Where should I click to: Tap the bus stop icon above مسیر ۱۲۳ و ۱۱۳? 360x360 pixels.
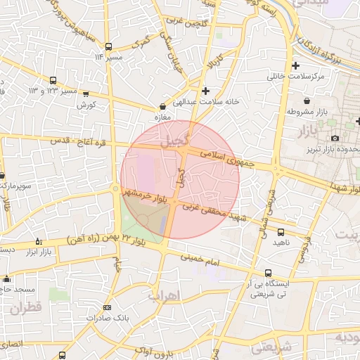(53, 80)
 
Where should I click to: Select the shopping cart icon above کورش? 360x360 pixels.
(86, 94)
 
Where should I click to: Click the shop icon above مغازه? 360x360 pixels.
(162, 108)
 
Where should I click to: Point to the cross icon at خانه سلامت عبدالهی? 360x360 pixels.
(205, 90)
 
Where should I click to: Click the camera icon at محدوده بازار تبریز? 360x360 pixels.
(335, 138)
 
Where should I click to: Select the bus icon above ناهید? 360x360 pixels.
(281, 231)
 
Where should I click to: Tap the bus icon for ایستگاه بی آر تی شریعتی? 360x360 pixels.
(268, 273)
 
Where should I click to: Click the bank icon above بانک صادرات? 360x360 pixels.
(107, 307)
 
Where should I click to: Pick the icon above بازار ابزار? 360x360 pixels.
(39, 240)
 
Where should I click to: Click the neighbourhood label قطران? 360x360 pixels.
(27, 308)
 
